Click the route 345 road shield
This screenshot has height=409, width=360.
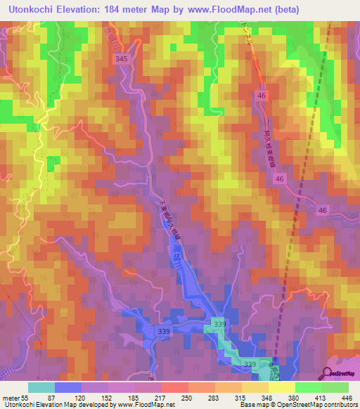pos(122,60)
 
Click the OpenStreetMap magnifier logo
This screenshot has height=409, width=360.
pos(328,374)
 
